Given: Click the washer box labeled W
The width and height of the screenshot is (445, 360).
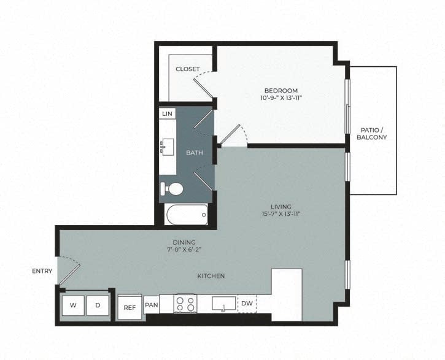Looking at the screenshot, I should tap(74, 304).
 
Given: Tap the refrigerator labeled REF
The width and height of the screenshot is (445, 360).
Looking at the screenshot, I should tap(129, 307).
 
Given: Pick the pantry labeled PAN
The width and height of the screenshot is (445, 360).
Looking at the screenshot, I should tap(152, 304).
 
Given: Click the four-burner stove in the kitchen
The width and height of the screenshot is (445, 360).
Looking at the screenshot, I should tap(185, 303).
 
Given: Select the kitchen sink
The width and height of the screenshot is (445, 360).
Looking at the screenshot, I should tap(223, 303).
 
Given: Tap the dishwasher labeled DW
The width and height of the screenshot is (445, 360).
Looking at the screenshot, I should tap(247, 304).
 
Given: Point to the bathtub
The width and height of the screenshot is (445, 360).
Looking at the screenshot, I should tap(187, 215).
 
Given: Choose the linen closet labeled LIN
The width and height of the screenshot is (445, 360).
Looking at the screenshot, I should tap(167, 113).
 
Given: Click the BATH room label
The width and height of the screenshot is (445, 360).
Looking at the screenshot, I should tap(195, 153).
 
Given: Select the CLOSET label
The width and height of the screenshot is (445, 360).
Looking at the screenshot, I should tap(187, 69).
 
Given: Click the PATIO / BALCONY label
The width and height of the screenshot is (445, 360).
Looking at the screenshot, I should tap(372, 133).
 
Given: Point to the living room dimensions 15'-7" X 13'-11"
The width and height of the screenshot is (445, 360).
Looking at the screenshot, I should tap(282, 214).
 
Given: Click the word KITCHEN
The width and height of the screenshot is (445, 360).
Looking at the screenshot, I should tap(211, 276).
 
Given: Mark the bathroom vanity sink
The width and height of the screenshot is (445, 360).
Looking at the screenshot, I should tap(167, 147).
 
